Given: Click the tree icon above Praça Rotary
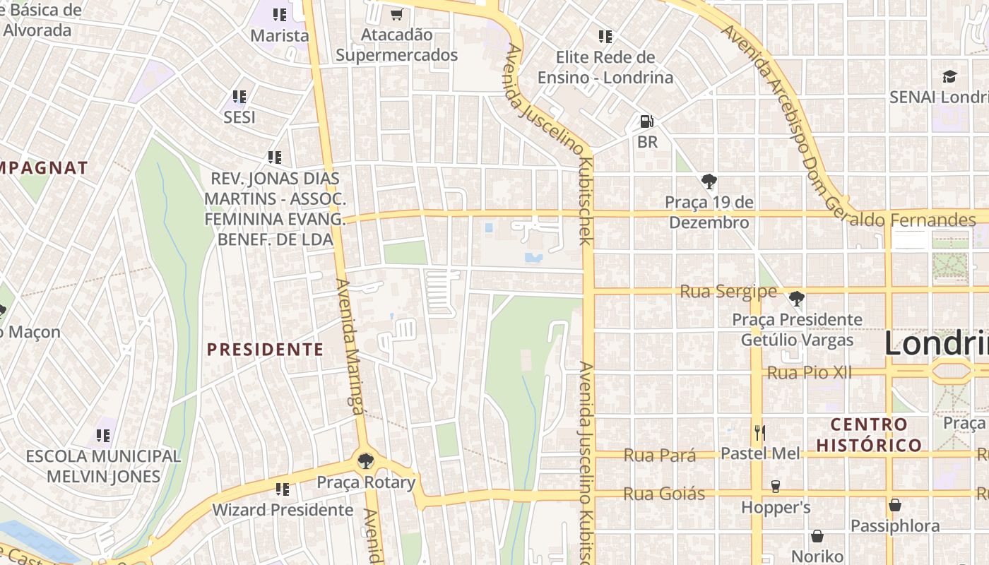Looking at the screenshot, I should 365,461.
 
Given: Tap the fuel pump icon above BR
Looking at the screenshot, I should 646,121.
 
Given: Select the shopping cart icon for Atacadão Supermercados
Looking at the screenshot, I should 396,14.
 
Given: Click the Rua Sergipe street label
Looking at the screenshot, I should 728,292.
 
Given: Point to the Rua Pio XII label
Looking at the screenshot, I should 809,372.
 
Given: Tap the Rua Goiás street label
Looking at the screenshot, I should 663,494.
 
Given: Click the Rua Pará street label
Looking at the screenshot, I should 659,456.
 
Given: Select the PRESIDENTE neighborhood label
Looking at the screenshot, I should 265,350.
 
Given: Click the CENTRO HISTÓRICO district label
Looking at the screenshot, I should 869,434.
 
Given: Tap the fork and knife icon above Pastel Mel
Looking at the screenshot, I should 760,432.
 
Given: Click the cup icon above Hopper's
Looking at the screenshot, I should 775,487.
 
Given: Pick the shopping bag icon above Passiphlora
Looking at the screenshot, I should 895,505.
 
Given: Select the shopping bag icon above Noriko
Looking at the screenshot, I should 817,536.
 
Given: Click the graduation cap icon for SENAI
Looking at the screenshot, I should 949,76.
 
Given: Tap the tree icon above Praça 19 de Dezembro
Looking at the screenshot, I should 709,182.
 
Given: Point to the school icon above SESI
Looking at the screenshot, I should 239,96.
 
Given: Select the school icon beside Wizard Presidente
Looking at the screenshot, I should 283,489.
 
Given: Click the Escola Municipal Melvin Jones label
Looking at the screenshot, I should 103,466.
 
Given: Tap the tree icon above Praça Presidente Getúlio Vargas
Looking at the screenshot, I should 797,299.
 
